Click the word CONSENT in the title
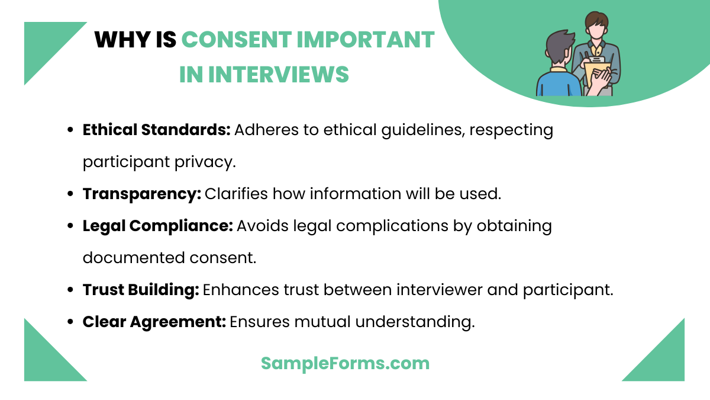tap(235, 40)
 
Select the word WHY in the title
tap(119, 40)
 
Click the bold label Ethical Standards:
tap(156, 130)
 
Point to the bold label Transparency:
tap(142, 194)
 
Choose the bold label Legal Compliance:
tap(157, 226)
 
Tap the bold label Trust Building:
tap(141, 290)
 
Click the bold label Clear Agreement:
tap(154, 322)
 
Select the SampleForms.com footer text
tap(345, 363)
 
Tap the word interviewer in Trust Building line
tap(443, 290)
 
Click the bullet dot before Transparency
tap(71, 194)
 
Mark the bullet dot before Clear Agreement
tap(71, 322)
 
